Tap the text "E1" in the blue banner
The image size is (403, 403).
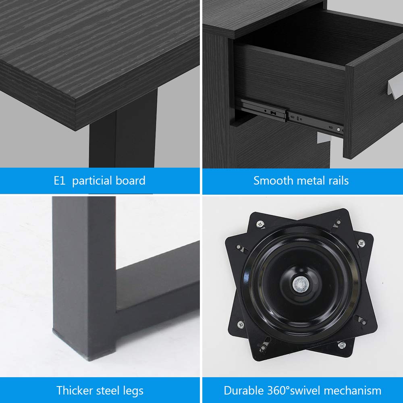(x=59, y=181)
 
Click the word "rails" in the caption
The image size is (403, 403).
(x=339, y=181)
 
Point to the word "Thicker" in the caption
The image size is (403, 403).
(x=75, y=391)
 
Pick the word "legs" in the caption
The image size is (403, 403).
(x=133, y=391)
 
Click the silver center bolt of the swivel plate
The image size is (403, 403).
(x=301, y=285)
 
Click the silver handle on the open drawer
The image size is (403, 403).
(x=395, y=89)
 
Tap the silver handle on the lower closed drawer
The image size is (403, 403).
(x=324, y=137)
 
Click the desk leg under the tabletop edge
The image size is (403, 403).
(x=123, y=131)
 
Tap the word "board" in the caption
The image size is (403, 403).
(x=131, y=181)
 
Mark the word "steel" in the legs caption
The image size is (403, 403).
(x=108, y=391)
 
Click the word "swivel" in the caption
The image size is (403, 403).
(x=305, y=391)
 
